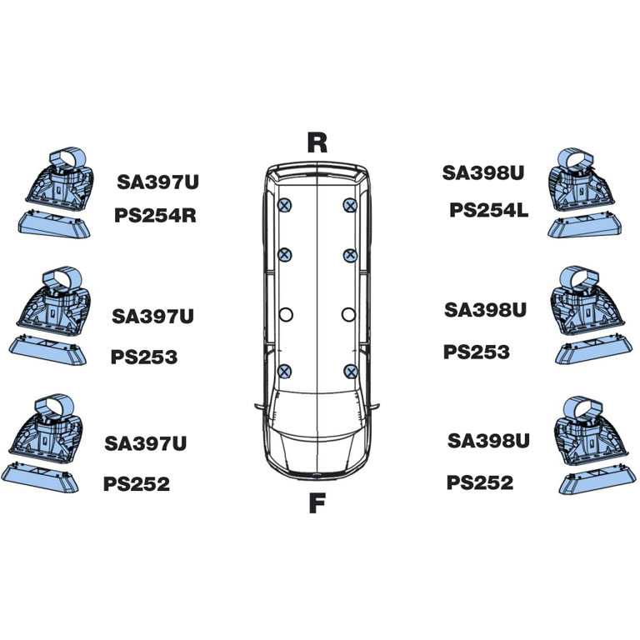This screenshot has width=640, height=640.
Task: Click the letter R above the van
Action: pyautogui.click(x=317, y=142)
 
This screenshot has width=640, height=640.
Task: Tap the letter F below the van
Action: pyautogui.click(x=316, y=504)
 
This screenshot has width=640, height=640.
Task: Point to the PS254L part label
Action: pyautogui.click(x=489, y=210)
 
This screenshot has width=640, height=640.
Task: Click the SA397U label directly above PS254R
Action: pyautogui.click(x=158, y=181)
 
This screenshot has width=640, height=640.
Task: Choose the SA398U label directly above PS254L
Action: pyautogui.click(x=483, y=172)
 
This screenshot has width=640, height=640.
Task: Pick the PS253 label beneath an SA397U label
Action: pyautogui.click(x=144, y=357)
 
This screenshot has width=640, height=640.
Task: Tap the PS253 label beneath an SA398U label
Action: pyautogui.click(x=477, y=352)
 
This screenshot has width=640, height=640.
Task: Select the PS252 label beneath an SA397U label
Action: pyautogui.click(x=137, y=484)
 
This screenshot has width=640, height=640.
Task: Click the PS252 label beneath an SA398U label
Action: pyautogui.click(x=480, y=482)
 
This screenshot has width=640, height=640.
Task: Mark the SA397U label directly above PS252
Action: pyautogui.click(x=146, y=443)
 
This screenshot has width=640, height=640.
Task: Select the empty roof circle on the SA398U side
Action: pyautogui.click(x=349, y=314)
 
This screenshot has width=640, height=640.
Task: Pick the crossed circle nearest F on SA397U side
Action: pyautogui.click(x=285, y=371)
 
